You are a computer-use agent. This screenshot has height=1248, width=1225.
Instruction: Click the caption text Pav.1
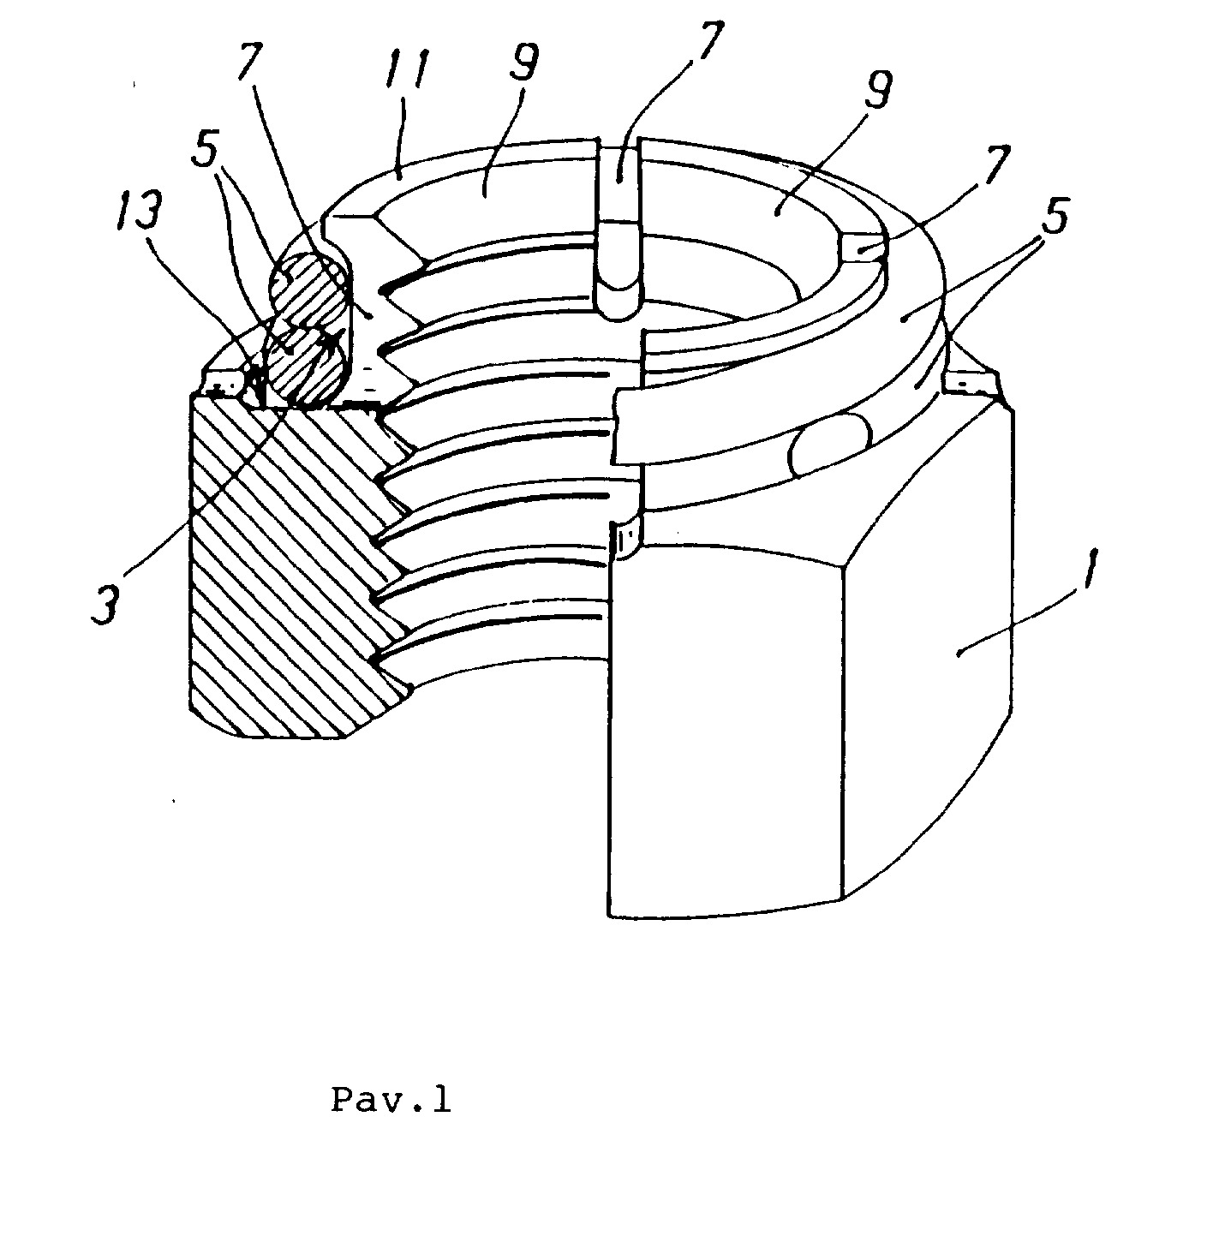pyautogui.click(x=391, y=1101)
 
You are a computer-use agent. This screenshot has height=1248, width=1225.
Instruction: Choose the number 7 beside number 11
pyautogui.click(x=251, y=60)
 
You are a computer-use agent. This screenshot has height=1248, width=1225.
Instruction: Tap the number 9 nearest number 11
pyautogui.click(x=522, y=60)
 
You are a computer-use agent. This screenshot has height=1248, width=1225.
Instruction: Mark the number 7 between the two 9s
pyautogui.click(x=702, y=42)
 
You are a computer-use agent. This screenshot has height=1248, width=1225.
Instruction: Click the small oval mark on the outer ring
pyautogui.click(x=829, y=446)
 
